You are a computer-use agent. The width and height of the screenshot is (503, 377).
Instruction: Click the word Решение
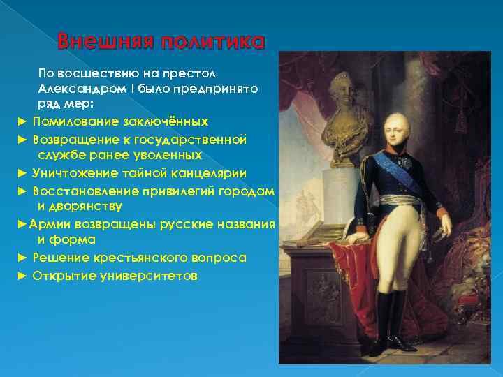tap(59, 258)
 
